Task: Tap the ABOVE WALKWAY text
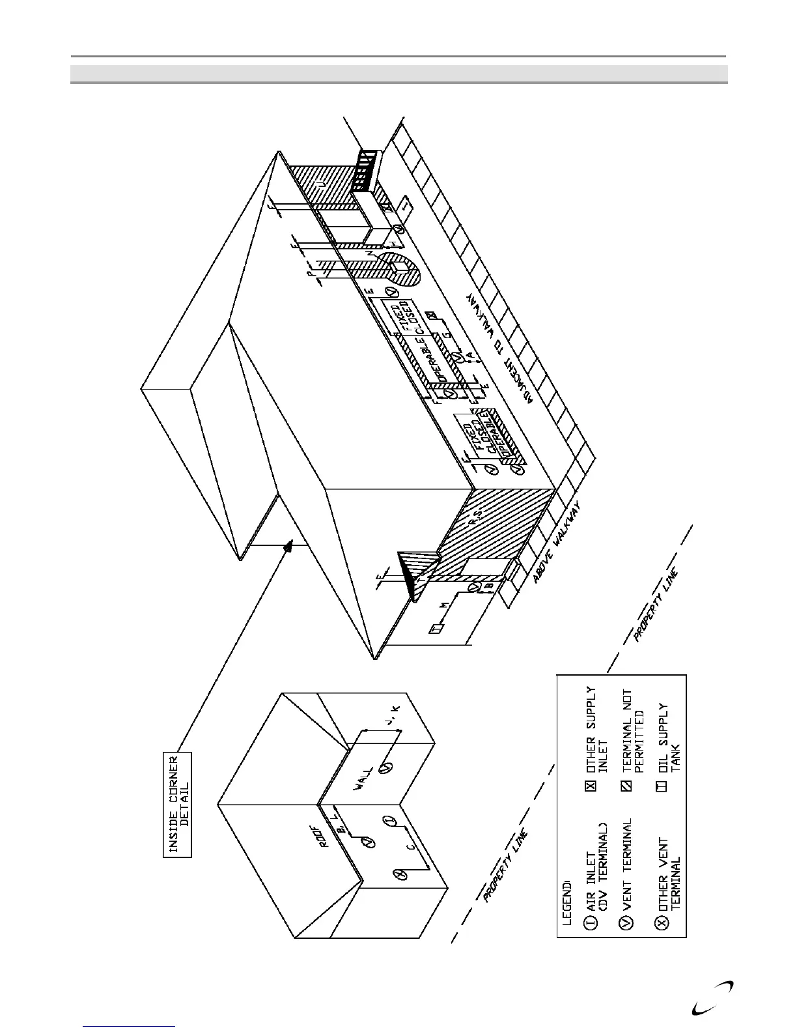click(x=557, y=541)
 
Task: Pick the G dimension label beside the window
click(x=447, y=334)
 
